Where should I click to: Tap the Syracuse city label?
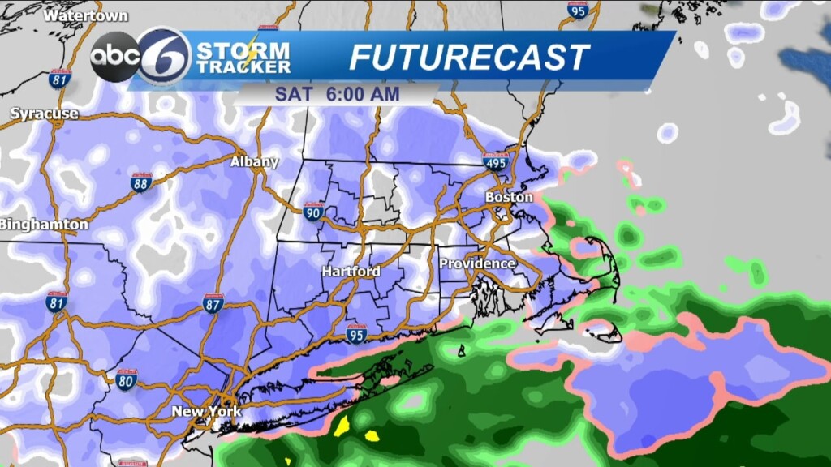point(45,114)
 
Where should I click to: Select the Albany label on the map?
point(254,161)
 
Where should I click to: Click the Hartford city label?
point(351,272)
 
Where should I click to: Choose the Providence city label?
point(477,263)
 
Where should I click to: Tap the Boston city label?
point(509,197)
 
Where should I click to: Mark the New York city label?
point(206,412)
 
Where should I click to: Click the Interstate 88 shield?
point(142,182)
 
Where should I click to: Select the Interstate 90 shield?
point(314,212)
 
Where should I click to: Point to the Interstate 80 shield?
point(126,379)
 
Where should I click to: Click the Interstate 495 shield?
point(495,162)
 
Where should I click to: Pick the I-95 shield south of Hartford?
point(355,333)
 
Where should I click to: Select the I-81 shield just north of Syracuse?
point(59,78)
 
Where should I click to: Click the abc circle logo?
point(112,57)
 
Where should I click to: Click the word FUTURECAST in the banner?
point(469,58)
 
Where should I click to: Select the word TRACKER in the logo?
point(243,67)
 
